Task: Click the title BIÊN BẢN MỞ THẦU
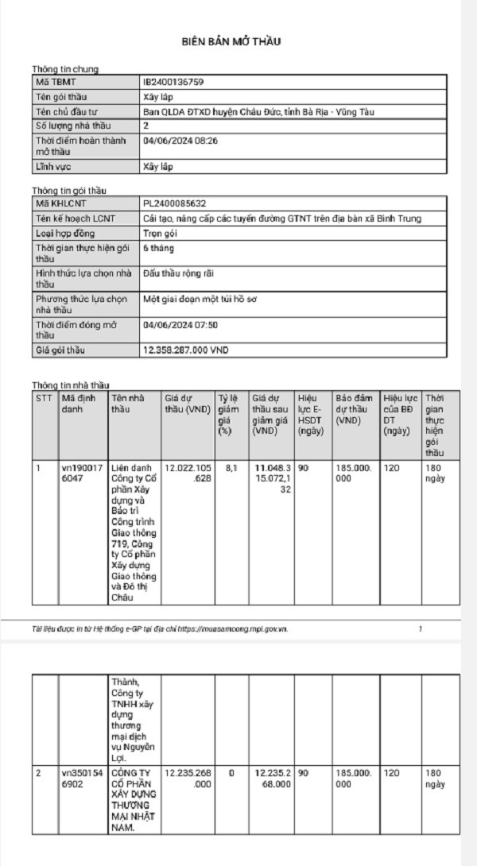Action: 238,41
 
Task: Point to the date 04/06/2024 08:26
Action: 180,141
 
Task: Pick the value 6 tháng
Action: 157,249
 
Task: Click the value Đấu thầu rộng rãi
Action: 180,273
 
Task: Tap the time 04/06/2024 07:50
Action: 180,325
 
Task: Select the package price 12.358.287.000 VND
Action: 185,350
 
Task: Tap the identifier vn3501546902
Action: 82,778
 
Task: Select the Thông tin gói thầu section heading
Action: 69,191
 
